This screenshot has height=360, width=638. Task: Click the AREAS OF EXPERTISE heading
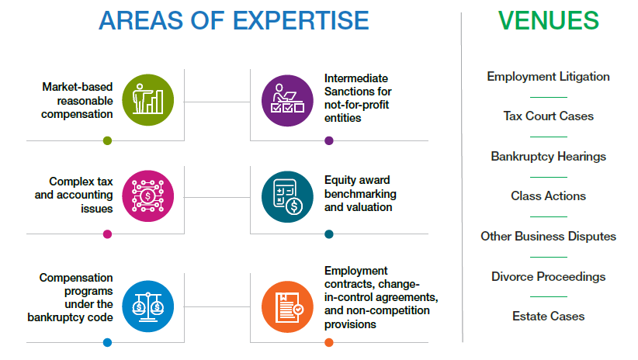click(234, 20)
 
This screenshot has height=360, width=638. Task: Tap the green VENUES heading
click(549, 20)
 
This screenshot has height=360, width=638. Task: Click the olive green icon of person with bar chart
click(148, 100)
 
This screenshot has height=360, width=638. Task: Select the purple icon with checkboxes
click(287, 101)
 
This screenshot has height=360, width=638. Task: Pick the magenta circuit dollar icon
click(148, 196)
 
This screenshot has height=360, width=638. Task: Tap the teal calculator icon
click(287, 197)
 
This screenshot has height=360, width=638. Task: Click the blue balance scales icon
click(148, 306)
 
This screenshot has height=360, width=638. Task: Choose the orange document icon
click(287, 307)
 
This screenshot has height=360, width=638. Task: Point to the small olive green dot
click(107, 140)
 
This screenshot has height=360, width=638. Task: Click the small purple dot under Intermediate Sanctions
click(329, 140)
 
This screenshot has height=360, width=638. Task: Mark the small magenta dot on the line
click(107, 234)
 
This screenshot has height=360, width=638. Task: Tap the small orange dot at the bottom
click(329, 343)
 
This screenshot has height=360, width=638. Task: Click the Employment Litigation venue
click(549, 77)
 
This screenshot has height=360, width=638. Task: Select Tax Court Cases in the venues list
click(549, 116)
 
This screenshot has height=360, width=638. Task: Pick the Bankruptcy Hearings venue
click(549, 157)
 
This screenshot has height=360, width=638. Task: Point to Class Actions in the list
click(549, 196)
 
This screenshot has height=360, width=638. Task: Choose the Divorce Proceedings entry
click(549, 277)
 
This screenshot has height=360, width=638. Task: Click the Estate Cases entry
click(549, 316)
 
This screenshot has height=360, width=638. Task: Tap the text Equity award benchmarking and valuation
click(360, 194)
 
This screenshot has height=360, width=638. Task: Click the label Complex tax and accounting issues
click(74, 195)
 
